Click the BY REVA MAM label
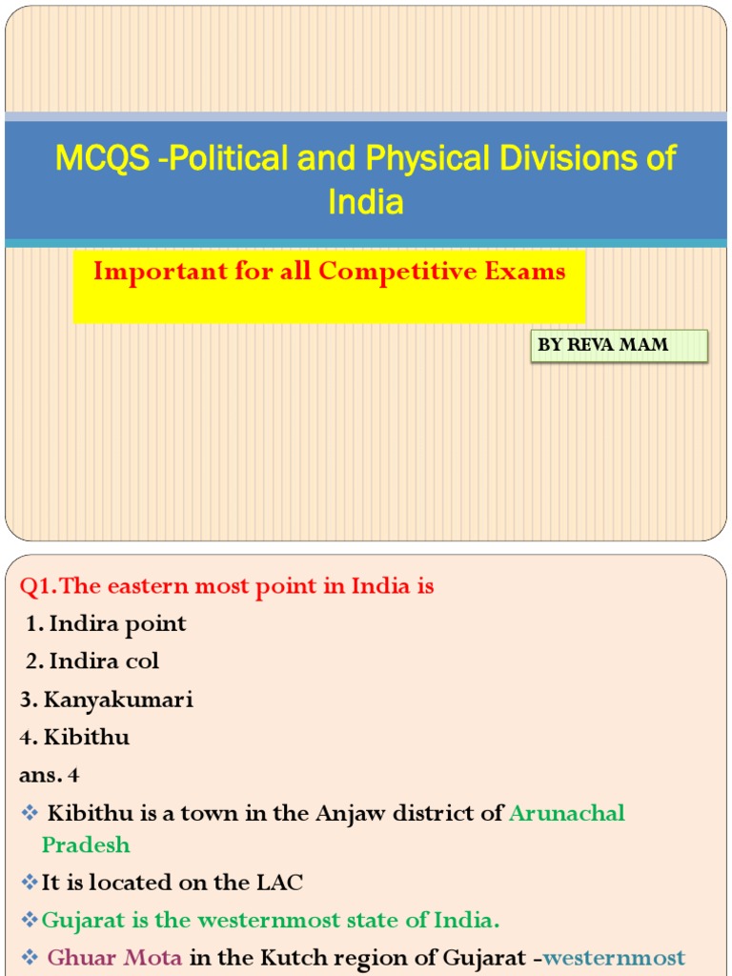click(x=603, y=345)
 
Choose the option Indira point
click(x=117, y=624)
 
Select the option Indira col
click(x=104, y=661)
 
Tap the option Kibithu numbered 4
click(x=86, y=738)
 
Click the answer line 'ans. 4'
click(x=50, y=775)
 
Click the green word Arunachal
click(x=567, y=813)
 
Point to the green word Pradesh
click(x=86, y=844)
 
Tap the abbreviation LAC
click(x=279, y=883)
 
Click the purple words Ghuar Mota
click(x=114, y=958)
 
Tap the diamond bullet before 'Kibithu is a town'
click(x=29, y=813)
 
